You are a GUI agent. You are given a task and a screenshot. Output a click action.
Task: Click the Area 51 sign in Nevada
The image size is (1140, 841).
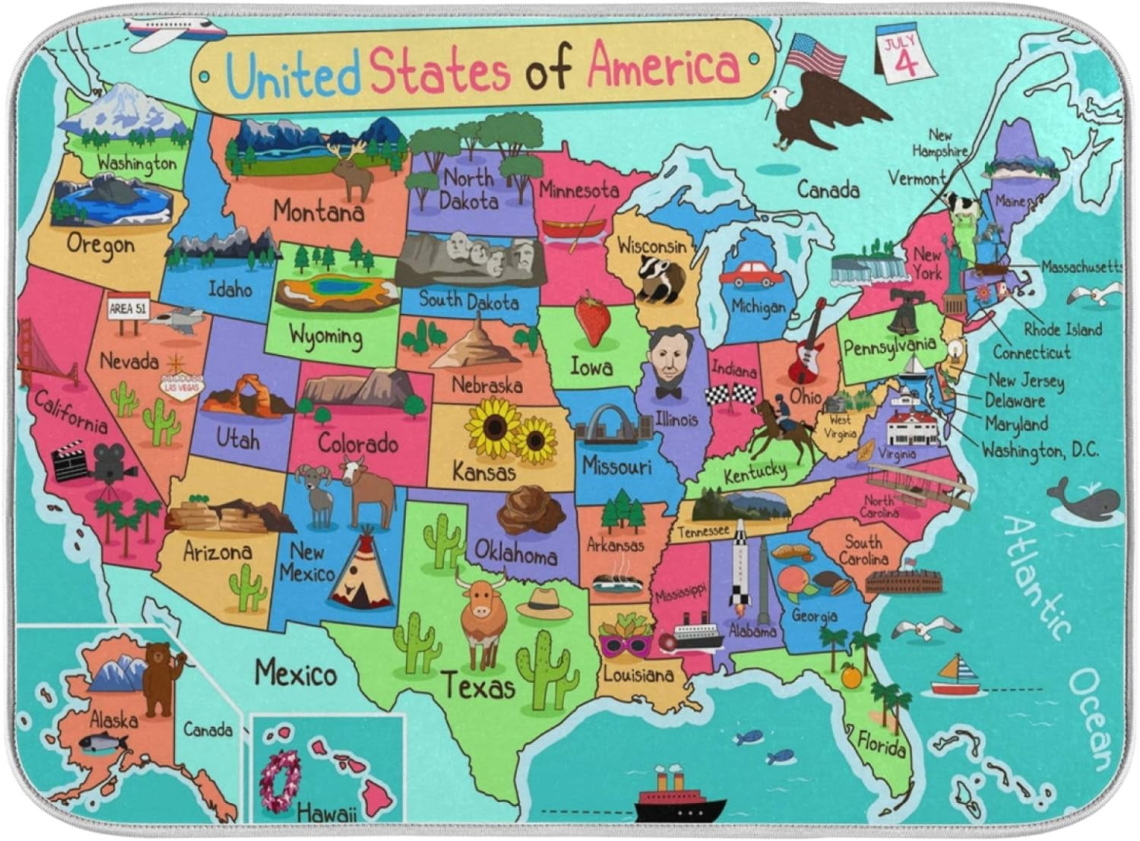[128, 309]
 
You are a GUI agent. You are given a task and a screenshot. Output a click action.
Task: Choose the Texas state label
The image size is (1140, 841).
[478, 687]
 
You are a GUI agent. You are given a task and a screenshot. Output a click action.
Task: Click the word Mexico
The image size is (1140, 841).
[296, 672]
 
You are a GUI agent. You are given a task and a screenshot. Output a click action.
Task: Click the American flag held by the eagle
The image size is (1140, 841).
[815, 55]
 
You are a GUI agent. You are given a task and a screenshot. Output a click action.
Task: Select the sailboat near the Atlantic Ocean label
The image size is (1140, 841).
[955, 677]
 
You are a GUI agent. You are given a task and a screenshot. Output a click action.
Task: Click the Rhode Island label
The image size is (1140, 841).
[1062, 329]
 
